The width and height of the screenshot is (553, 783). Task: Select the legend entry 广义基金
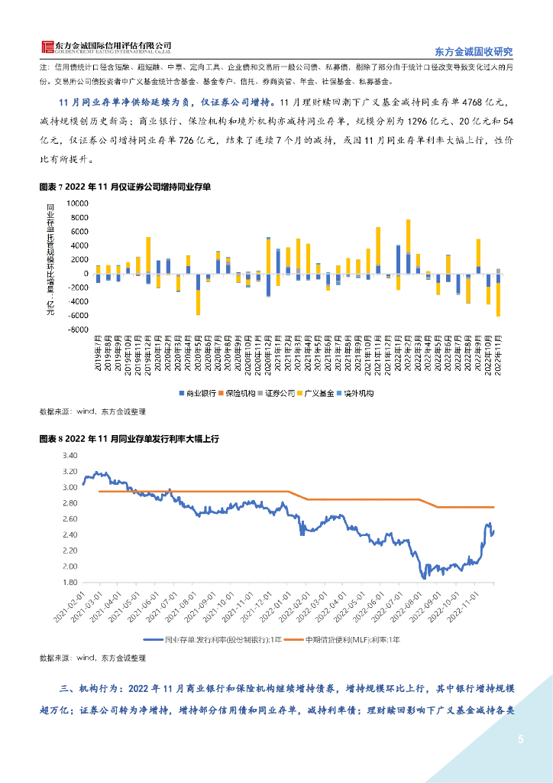click(x=317, y=393)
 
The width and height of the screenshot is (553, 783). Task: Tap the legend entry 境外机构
click(x=359, y=393)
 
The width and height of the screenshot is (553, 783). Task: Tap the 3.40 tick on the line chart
click(x=70, y=455)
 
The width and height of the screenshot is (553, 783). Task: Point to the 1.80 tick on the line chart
click(x=70, y=582)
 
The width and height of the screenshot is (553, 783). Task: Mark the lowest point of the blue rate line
click(x=423, y=578)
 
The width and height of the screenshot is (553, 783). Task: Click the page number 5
click(x=521, y=739)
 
